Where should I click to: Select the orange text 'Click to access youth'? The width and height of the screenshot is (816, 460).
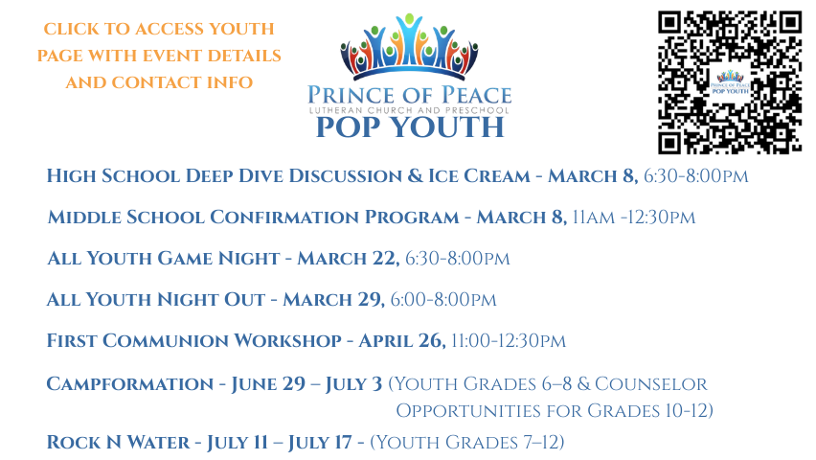159,30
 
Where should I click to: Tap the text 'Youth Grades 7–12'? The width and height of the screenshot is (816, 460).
467,443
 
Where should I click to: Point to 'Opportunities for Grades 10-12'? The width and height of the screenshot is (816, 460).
555,411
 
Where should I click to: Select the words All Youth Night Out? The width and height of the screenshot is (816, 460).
155,300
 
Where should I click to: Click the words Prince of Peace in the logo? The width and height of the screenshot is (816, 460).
410,95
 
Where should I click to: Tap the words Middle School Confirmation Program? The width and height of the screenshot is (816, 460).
253,218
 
